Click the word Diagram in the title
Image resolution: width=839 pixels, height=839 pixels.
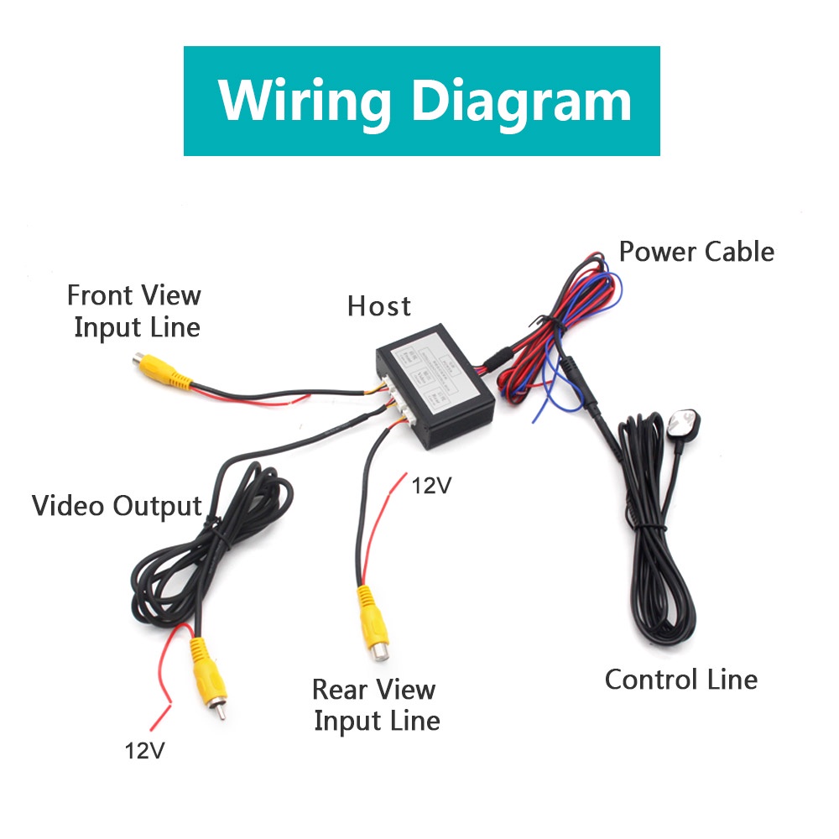(523, 102)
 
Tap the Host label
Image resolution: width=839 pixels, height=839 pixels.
(379, 306)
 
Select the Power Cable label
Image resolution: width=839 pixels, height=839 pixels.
(696, 251)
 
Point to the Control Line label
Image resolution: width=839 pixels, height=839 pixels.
(680, 679)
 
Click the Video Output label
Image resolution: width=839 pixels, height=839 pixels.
(117, 506)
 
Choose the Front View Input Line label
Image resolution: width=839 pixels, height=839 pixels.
(134, 310)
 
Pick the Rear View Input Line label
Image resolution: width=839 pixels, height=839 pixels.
(376, 705)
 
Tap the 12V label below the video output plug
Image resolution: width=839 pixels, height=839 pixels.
(145, 749)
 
